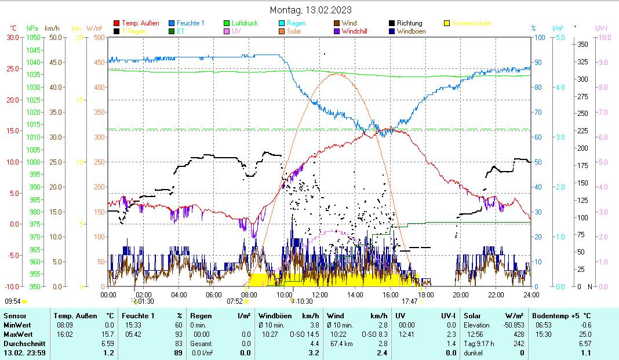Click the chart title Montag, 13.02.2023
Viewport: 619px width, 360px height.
tap(311, 10)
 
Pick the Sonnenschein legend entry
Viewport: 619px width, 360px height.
tap(471, 23)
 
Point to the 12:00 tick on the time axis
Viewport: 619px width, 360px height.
tap(319, 294)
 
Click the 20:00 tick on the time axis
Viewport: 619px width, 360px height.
tap(461, 294)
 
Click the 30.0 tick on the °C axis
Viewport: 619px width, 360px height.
tap(13, 38)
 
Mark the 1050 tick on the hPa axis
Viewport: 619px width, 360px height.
tap(34, 38)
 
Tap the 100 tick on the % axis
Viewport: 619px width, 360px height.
tap(538, 38)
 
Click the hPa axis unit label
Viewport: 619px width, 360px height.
tap(32, 28)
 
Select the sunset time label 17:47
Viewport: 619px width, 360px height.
tap(410, 301)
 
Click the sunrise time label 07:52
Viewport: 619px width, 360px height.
tap(234, 301)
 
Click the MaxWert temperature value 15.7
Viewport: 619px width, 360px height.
tap(107, 334)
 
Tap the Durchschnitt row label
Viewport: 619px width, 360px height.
tap(20, 344)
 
